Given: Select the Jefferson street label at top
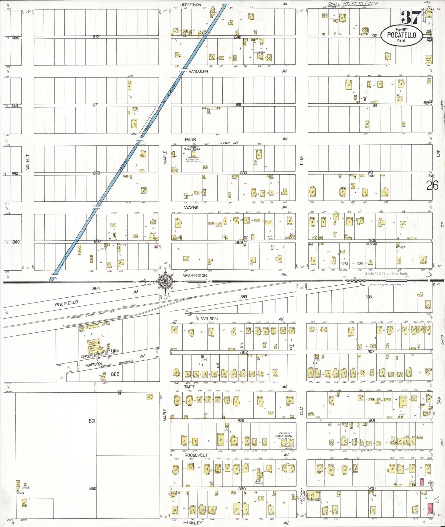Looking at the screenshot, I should click(x=191, y=5).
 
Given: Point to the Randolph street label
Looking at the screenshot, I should click(x=198, y=71).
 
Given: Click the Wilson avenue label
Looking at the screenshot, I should click(x=209, y=319).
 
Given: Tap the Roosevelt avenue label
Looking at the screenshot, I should click(x=196, y=455).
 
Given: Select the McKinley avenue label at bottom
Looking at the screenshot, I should click(x=192, y=523).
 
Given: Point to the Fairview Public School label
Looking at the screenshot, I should click(x=192, y=148).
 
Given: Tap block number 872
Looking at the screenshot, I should click(x=96, y=37).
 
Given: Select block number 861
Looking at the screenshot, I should click(x=92, y=421).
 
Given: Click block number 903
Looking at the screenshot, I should click(x=368, y=297).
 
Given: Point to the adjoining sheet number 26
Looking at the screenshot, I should click(x=432, y=185).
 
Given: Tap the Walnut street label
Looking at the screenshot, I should click(x=28, y=162).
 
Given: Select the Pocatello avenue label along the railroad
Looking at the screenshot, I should click(x=67, y=303).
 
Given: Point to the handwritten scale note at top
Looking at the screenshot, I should click(x=352, y=4).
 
